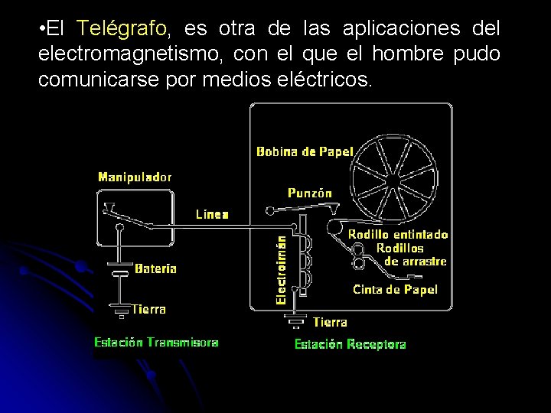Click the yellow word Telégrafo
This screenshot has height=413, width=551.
[x=122, y=30]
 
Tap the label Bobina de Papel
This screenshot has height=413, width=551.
[x=305, y=151]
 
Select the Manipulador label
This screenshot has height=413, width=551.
[x=135, y=177]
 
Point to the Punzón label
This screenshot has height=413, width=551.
[x=310, y=193]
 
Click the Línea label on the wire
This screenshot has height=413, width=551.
[x=212, y=214]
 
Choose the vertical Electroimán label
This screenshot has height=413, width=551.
[x=282, y=270]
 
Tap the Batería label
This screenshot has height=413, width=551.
[x=155, y=268]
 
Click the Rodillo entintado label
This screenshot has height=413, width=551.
[x=398, y=234]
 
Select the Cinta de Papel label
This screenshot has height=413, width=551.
[x=395, y=289]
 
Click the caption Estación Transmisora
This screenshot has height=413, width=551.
[x=156, y=343]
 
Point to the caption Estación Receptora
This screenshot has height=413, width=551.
[x=350, y=344]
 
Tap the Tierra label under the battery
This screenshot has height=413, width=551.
[x=148, y=309]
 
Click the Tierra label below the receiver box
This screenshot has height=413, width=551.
[x=330, y=322]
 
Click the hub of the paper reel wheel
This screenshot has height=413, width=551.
[x=393, y=177]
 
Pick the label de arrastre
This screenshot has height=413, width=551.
[x=415, y=262]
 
